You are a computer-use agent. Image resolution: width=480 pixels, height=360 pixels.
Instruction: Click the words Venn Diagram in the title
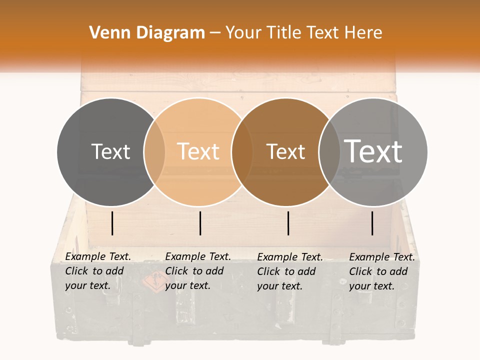coord(146,33)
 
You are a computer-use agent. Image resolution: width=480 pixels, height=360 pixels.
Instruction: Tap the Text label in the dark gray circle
coord(110,151)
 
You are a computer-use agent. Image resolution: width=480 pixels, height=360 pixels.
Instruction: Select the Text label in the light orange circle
coord(198,151)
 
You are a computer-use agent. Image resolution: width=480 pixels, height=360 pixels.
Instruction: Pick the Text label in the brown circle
coord(285,151)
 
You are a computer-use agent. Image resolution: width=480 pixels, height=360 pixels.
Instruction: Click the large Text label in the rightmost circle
coord(373,151)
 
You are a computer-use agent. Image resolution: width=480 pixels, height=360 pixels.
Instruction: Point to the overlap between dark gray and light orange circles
coord(154,152)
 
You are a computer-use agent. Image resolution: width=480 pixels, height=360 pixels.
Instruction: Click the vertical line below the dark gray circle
coord(112,223)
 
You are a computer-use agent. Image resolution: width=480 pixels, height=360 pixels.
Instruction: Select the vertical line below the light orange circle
coord(200,223)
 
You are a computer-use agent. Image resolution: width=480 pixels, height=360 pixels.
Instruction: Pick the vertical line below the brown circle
coord(288,223)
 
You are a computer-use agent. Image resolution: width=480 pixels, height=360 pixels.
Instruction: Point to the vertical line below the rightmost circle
coord(372,223)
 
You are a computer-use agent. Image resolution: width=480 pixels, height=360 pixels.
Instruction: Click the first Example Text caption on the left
coord(98,256)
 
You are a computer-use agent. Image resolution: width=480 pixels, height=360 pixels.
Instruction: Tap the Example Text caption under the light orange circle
coord(198,256)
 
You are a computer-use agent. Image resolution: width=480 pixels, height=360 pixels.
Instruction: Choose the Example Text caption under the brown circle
coord(290,257)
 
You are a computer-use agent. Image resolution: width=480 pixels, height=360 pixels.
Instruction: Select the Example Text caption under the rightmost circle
coord(382,257)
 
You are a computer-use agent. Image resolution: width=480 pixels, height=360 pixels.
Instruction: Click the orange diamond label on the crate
coord(152,283)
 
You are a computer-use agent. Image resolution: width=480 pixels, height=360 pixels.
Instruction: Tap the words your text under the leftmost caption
coord(87,286)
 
